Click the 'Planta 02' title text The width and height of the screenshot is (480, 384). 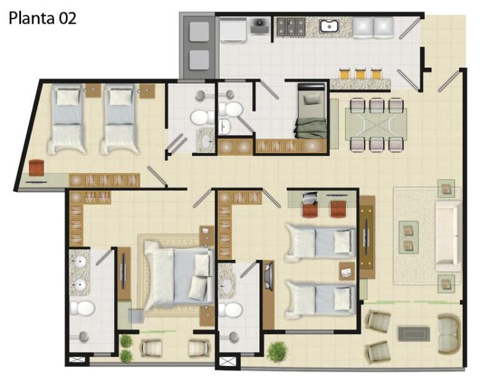click(42, 19)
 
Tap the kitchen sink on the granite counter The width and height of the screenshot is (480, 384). click(329, 26)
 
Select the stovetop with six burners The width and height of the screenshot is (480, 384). click(291, 26)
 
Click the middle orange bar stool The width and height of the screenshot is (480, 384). click(360, 73)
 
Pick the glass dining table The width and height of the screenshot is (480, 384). click(376, 124)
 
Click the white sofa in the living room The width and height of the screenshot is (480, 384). click(448, 235)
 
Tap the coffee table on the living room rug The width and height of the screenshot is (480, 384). click(409, 237)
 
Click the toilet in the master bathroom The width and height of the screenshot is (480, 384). click(82, 308)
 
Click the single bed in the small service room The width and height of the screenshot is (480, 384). click(311, 111)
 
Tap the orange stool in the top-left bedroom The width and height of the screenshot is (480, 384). click(36, 168)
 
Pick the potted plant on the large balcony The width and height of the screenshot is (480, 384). click(277, 352)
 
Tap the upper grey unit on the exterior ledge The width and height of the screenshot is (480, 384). click(199, 31)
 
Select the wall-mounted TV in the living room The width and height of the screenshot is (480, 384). click(367, 236)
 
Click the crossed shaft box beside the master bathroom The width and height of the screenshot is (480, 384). click(77, 360)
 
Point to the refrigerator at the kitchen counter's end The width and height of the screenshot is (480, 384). click(372, 28)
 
